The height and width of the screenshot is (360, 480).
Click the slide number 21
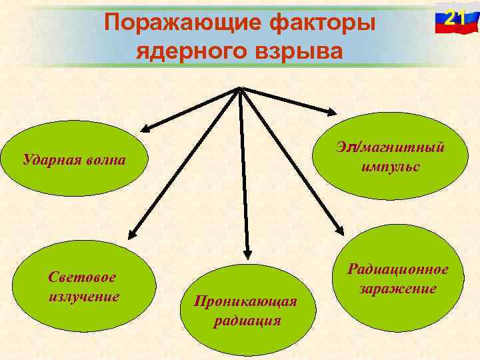(x=455, y=18)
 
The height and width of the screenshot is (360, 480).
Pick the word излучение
(x=83, y=295)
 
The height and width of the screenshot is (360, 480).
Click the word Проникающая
(x=245, y=301)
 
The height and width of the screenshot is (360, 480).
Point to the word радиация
(x=247, y=321)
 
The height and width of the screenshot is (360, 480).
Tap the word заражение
(x=398, y=289)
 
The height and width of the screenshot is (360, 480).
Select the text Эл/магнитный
(x=391, y=147)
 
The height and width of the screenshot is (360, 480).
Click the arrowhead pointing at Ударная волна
(x=145, y=129)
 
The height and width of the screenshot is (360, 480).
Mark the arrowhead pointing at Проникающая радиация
(x=247, y=253)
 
